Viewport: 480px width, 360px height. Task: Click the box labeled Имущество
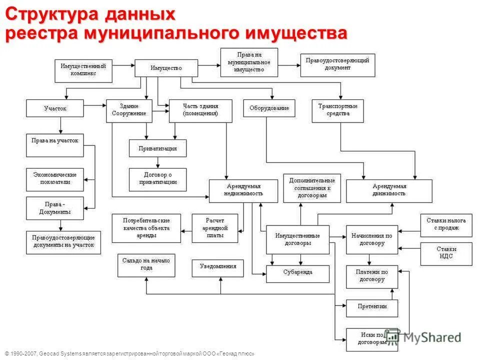click(x=166, y=68)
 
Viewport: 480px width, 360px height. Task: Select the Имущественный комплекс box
click(x=83, y=70)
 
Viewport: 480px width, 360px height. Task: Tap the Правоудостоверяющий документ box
click(x=337, y=64)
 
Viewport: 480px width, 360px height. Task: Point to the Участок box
click(x=55, y=108)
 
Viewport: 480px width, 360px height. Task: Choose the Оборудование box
click(x=269, y=108)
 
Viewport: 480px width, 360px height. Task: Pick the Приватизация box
click(x=157, y=148)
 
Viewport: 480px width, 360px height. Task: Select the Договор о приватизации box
click(x=157, y=179)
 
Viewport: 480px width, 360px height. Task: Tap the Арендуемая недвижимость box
click(x=243, y=190)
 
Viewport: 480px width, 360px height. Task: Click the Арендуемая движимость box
click(x=389, y=190)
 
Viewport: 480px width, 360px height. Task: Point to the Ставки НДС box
click(x=445, y=253)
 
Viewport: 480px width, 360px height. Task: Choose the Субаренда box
click(x=297, y=273)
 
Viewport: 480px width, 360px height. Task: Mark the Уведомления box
click(x=218, y=267)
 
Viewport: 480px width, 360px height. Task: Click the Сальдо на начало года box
click(x=146, y=265)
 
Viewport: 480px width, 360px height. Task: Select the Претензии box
click(x=372, y=307)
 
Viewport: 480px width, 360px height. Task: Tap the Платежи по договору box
click(x=372, y=276)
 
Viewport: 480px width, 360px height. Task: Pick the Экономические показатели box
click(x=55, y=178)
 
